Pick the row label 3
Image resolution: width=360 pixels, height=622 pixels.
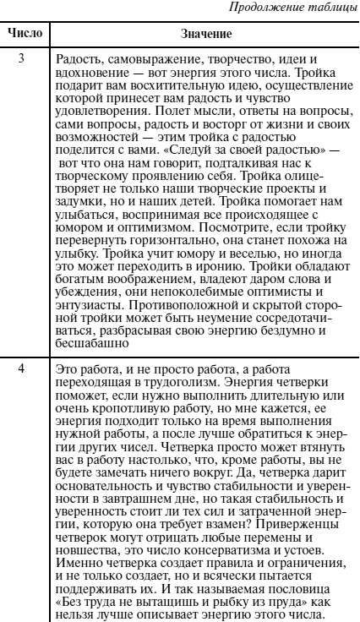click(25, 57)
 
